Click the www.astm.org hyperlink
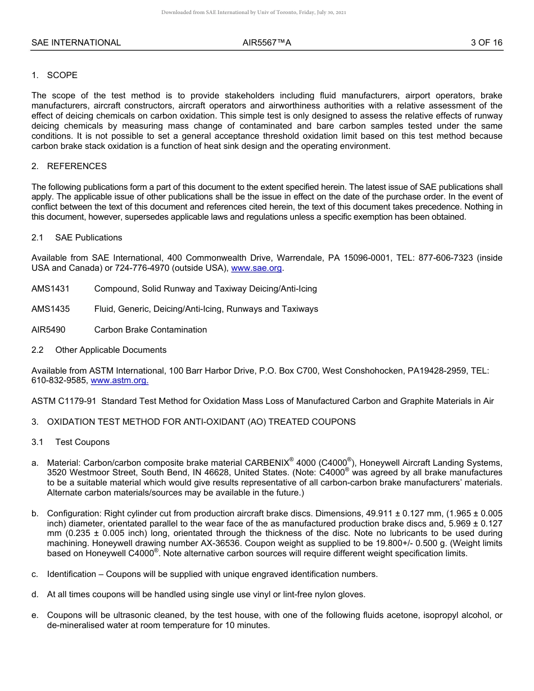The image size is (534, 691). click(119, 380)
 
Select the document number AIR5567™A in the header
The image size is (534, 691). click(267, 43)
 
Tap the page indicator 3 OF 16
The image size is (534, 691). click(487, 43)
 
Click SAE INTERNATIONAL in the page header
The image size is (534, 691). click(76, 43)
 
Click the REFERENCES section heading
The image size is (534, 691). click(76, 166)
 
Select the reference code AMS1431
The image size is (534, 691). click(51, 289)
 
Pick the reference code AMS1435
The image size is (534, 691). click(51, 309)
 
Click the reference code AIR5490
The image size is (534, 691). click(48, 330)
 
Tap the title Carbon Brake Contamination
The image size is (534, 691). click(150, 330)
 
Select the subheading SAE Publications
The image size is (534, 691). click(88, 238)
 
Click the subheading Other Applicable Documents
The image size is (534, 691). click(111, 350)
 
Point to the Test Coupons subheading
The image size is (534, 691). click(82, 442)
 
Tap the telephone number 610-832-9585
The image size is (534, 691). click(60, 380)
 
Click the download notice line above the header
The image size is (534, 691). click(254, 12)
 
